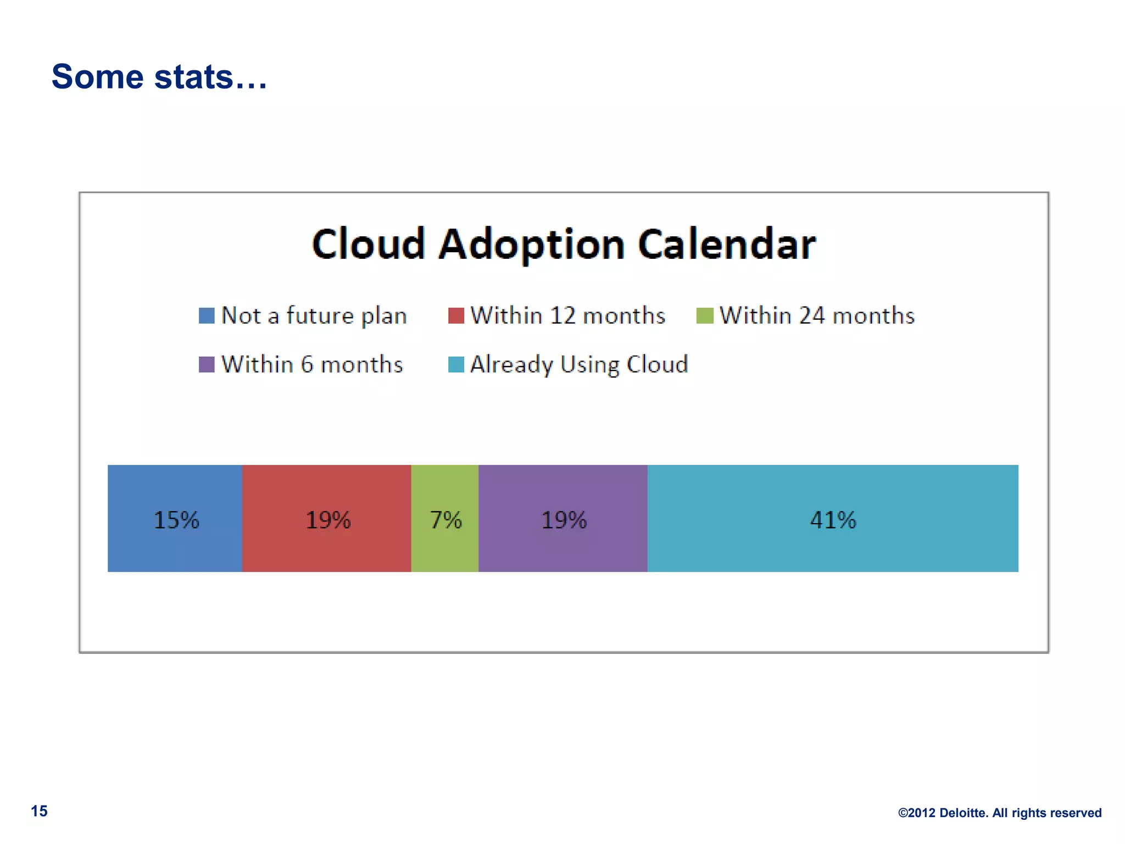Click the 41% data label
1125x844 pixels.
coord(833,520)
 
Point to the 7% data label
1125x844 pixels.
coord(445,520)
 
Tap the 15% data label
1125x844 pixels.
coord(176,520)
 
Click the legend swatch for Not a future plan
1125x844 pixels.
coord(207,315)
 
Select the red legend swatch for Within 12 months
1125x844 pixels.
coord(456,315)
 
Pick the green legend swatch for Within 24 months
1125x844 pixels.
coord(705,315)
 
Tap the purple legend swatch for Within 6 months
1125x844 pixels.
coord(207,364)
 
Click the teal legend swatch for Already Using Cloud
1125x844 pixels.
coord(456,364)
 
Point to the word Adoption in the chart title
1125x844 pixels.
coord(531,245)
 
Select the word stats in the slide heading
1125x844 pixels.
coord(193,76)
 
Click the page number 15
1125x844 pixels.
coord(39,811)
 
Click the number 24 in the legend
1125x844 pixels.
coord(812,315)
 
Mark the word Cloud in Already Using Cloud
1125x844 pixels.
coord(657,364)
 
